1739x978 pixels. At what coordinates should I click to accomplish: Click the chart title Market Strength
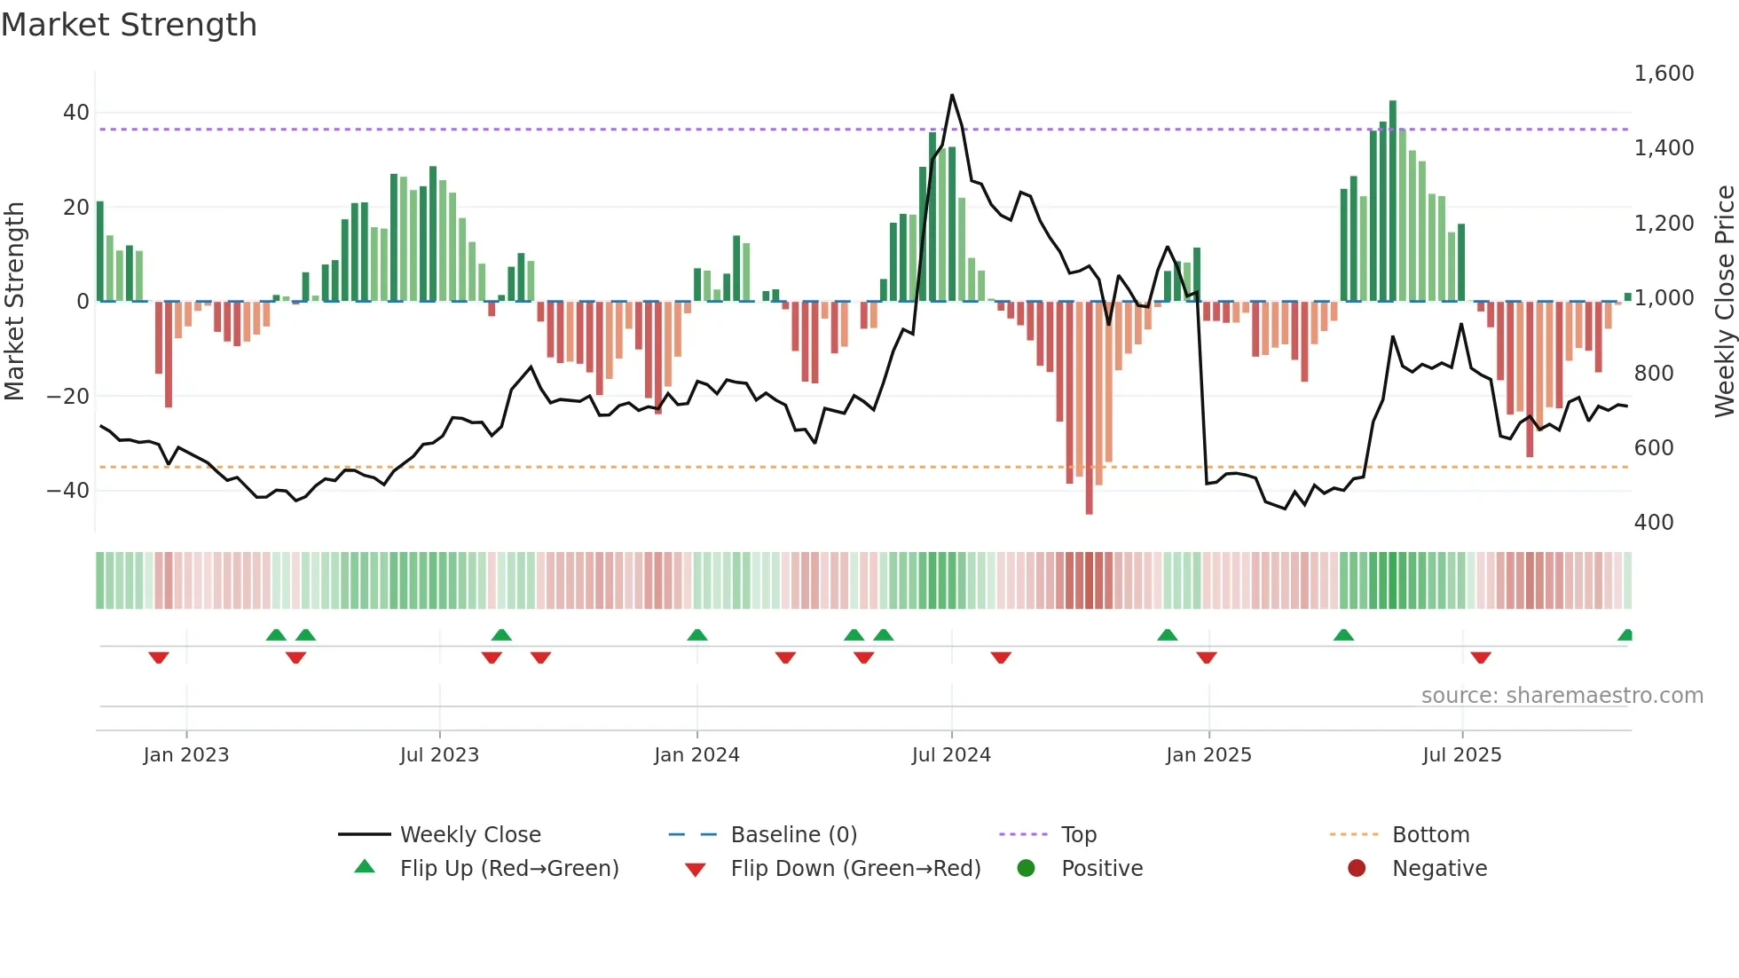coord(129,25)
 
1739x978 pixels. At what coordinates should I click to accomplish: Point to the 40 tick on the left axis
coord(76,113)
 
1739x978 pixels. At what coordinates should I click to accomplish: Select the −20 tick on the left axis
coord(69,397)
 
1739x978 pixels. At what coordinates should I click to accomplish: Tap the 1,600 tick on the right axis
coord(1664,74)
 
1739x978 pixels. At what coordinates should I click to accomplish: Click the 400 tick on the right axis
coord(1654,523)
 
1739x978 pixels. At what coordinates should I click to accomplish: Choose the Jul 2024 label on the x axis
coord(951,755)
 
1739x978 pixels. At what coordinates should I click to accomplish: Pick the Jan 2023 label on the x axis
coord(186,755)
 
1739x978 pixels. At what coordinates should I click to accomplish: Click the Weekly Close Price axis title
coord(1724,302)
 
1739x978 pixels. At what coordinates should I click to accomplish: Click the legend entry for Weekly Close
coord(470,835)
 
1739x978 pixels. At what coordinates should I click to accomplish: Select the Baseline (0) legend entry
coord(793,835)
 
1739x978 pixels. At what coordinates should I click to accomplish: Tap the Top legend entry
coord(1079,835)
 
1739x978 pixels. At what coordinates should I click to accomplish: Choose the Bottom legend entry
coord(1430,835)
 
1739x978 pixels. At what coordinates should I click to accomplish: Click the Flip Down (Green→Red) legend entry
coord(855,869)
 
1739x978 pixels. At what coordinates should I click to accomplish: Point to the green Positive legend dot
coord(1027,869)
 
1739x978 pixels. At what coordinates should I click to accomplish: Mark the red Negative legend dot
coord(1357,869)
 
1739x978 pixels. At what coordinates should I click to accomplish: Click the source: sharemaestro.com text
coord(1562,696)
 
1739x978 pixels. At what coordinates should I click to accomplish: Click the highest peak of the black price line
coord(952,96)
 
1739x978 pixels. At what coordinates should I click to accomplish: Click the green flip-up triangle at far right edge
coord(1625,635)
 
